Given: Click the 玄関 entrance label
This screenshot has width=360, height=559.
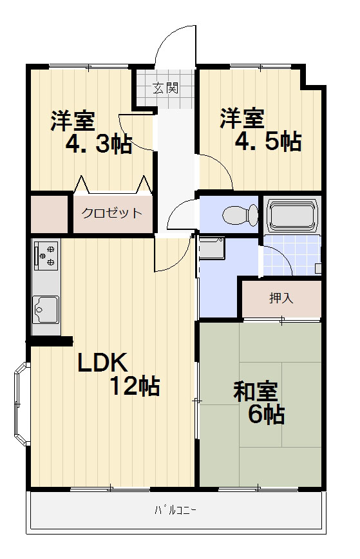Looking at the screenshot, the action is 166,88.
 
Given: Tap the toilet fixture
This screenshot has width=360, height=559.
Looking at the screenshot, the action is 240,214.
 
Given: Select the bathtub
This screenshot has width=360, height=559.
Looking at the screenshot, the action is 292,216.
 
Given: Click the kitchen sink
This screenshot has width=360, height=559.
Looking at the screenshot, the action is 46,309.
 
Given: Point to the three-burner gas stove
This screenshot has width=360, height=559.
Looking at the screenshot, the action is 46,255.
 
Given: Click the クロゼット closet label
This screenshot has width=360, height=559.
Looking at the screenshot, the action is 112,213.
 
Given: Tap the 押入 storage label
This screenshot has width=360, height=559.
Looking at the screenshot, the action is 281,298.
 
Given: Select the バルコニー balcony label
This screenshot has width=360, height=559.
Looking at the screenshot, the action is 175,510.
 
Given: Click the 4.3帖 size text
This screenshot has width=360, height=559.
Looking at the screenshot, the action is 99,144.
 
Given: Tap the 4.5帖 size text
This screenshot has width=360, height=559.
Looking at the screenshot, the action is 268,142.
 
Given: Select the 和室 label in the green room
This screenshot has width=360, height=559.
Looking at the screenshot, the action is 256,392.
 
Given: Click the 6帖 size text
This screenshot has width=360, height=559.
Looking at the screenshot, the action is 266,414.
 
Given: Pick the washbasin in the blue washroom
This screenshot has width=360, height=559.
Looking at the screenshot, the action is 212,248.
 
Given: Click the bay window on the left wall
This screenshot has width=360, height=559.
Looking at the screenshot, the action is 21,404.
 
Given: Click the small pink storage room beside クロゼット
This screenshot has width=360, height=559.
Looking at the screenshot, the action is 49,214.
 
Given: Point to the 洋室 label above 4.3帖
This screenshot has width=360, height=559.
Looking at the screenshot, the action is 73,121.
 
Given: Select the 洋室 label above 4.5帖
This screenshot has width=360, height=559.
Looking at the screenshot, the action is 242,118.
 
